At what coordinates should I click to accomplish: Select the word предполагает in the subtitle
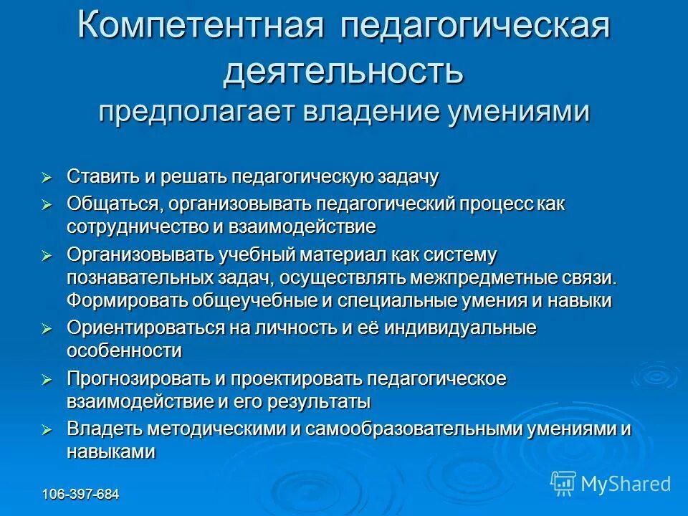click(x=194, y=113)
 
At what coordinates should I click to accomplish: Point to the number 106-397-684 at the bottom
click(x=80, y=494)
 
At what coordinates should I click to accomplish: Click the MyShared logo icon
click(x=563, y=483)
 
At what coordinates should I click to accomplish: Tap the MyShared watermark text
click(x=626, y=484)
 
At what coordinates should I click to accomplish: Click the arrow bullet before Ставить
click(x=47, y=176)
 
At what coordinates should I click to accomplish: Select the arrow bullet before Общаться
click(x=47, y=205)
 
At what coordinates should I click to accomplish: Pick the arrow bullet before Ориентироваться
click(x=47, y=329)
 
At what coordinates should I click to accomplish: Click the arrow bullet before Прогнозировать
click(x=47, y=379)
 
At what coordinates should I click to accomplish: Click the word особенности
click(x=124, y=351)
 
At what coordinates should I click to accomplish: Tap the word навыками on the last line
click(x=111, y=452)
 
